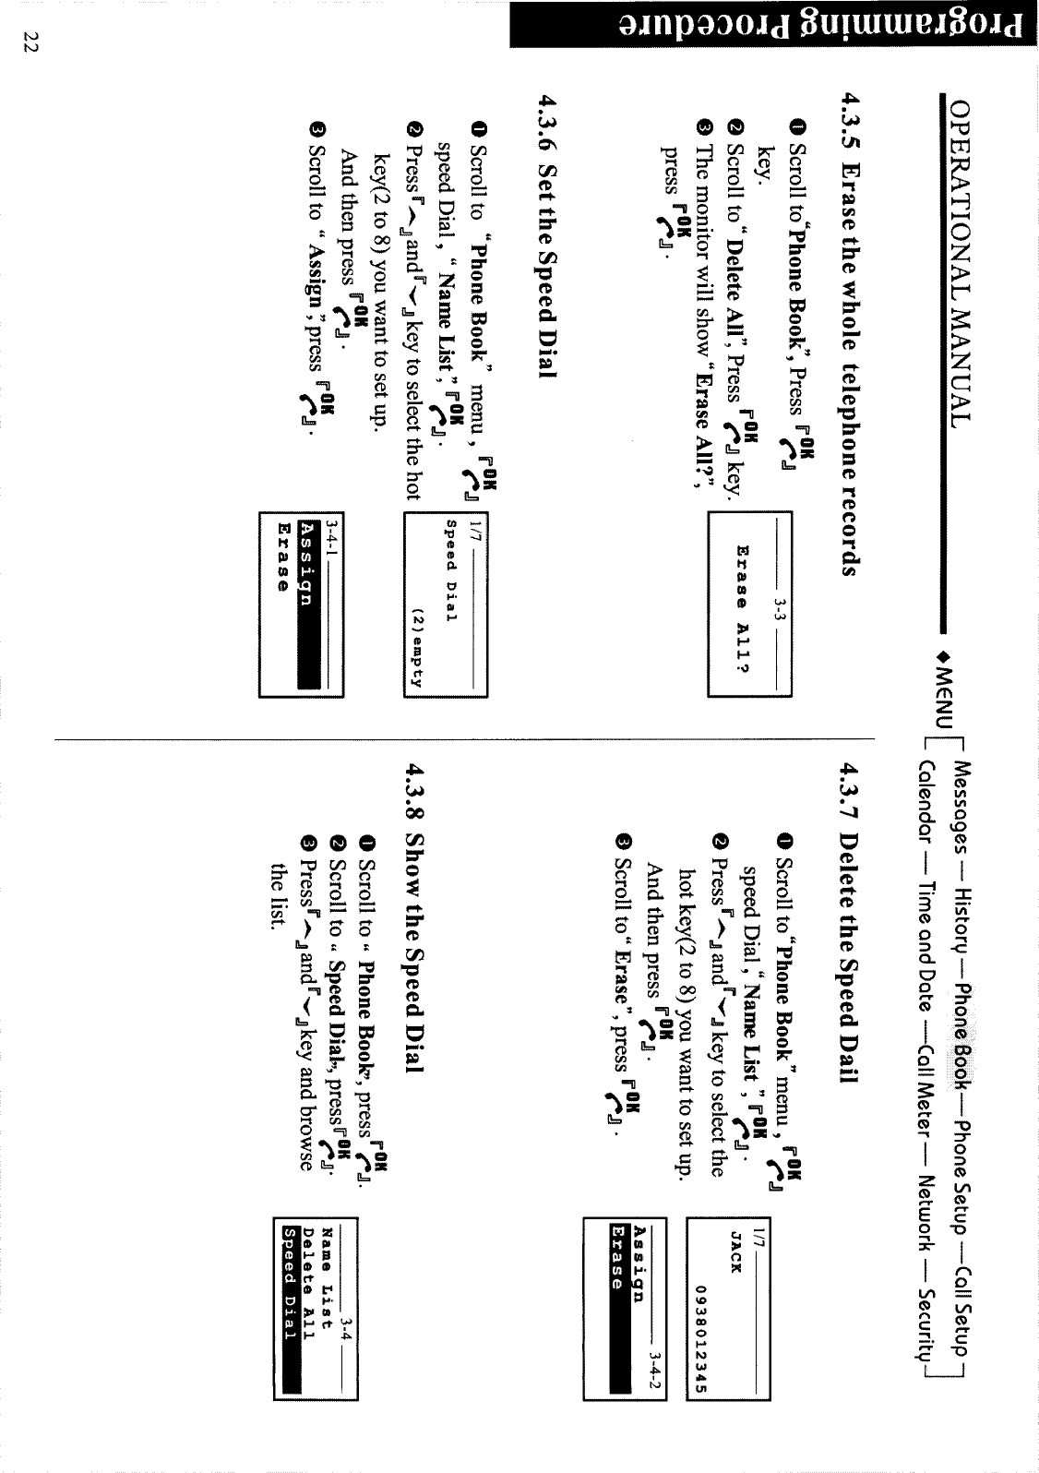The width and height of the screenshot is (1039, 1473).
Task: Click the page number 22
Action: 28,42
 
